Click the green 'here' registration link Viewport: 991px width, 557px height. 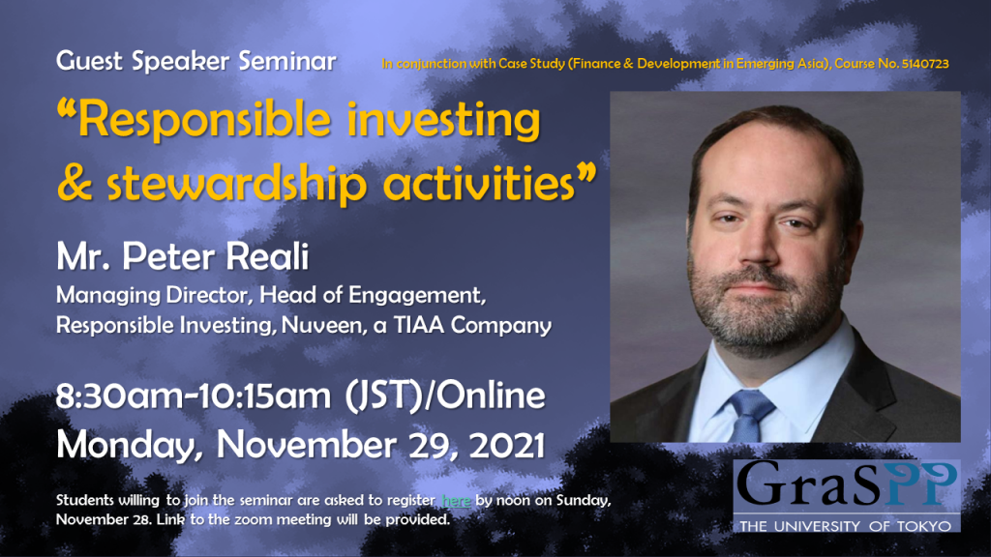click(x=456, y=501)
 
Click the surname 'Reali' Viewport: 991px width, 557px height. click(x=267, y=256)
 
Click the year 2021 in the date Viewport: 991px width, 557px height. click(x=506, y=445)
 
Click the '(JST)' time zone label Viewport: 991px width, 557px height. click(x=384, y=396)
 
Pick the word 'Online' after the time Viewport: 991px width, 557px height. click(x=491, y=396)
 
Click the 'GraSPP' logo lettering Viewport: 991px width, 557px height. click(x=846, y=485)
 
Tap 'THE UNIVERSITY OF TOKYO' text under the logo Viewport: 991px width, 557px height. click(x=846, y=526)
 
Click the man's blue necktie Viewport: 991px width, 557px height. click(x=749, y=414)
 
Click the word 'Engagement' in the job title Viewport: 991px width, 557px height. click(x=416, y=296)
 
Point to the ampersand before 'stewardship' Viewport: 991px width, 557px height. click(x=74, y=185)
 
